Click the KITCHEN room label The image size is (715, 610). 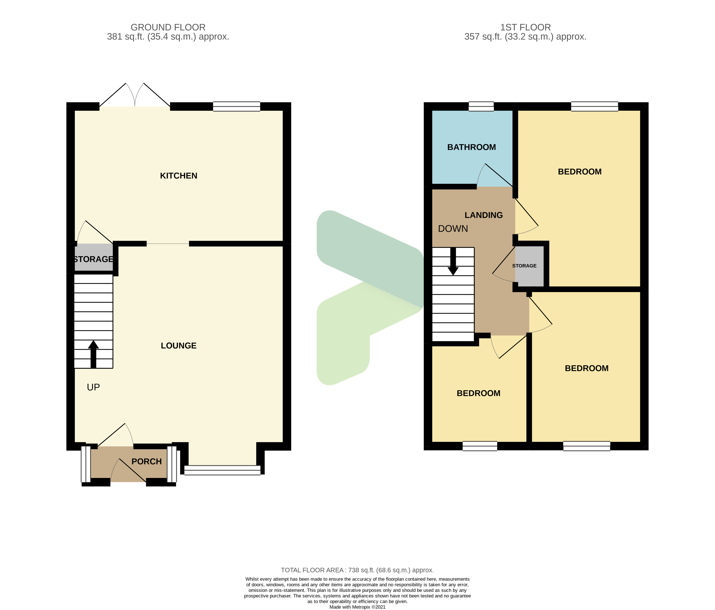click(x=178, y=176)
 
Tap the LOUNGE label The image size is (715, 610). click(x=178, y=346)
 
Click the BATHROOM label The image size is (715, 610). click(x=471, y=147)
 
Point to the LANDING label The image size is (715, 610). click(x=483, y=215)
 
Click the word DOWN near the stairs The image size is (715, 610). click(x=453, y=229)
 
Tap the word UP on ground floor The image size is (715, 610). click(x=93, y=387)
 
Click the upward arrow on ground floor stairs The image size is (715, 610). click(x=93, y=354)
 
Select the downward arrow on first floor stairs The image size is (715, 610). click(x=453, y=262)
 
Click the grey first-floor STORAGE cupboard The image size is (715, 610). click(x=529, y=266)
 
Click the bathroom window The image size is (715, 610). click(x=481, y=106)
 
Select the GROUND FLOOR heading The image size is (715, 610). click(x=168, y=27)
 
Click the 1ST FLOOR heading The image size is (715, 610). click(x=525, y=27)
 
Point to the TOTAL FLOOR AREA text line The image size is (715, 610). click(x=357, y=570)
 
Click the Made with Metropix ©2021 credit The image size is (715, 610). click(x=357, y=607)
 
